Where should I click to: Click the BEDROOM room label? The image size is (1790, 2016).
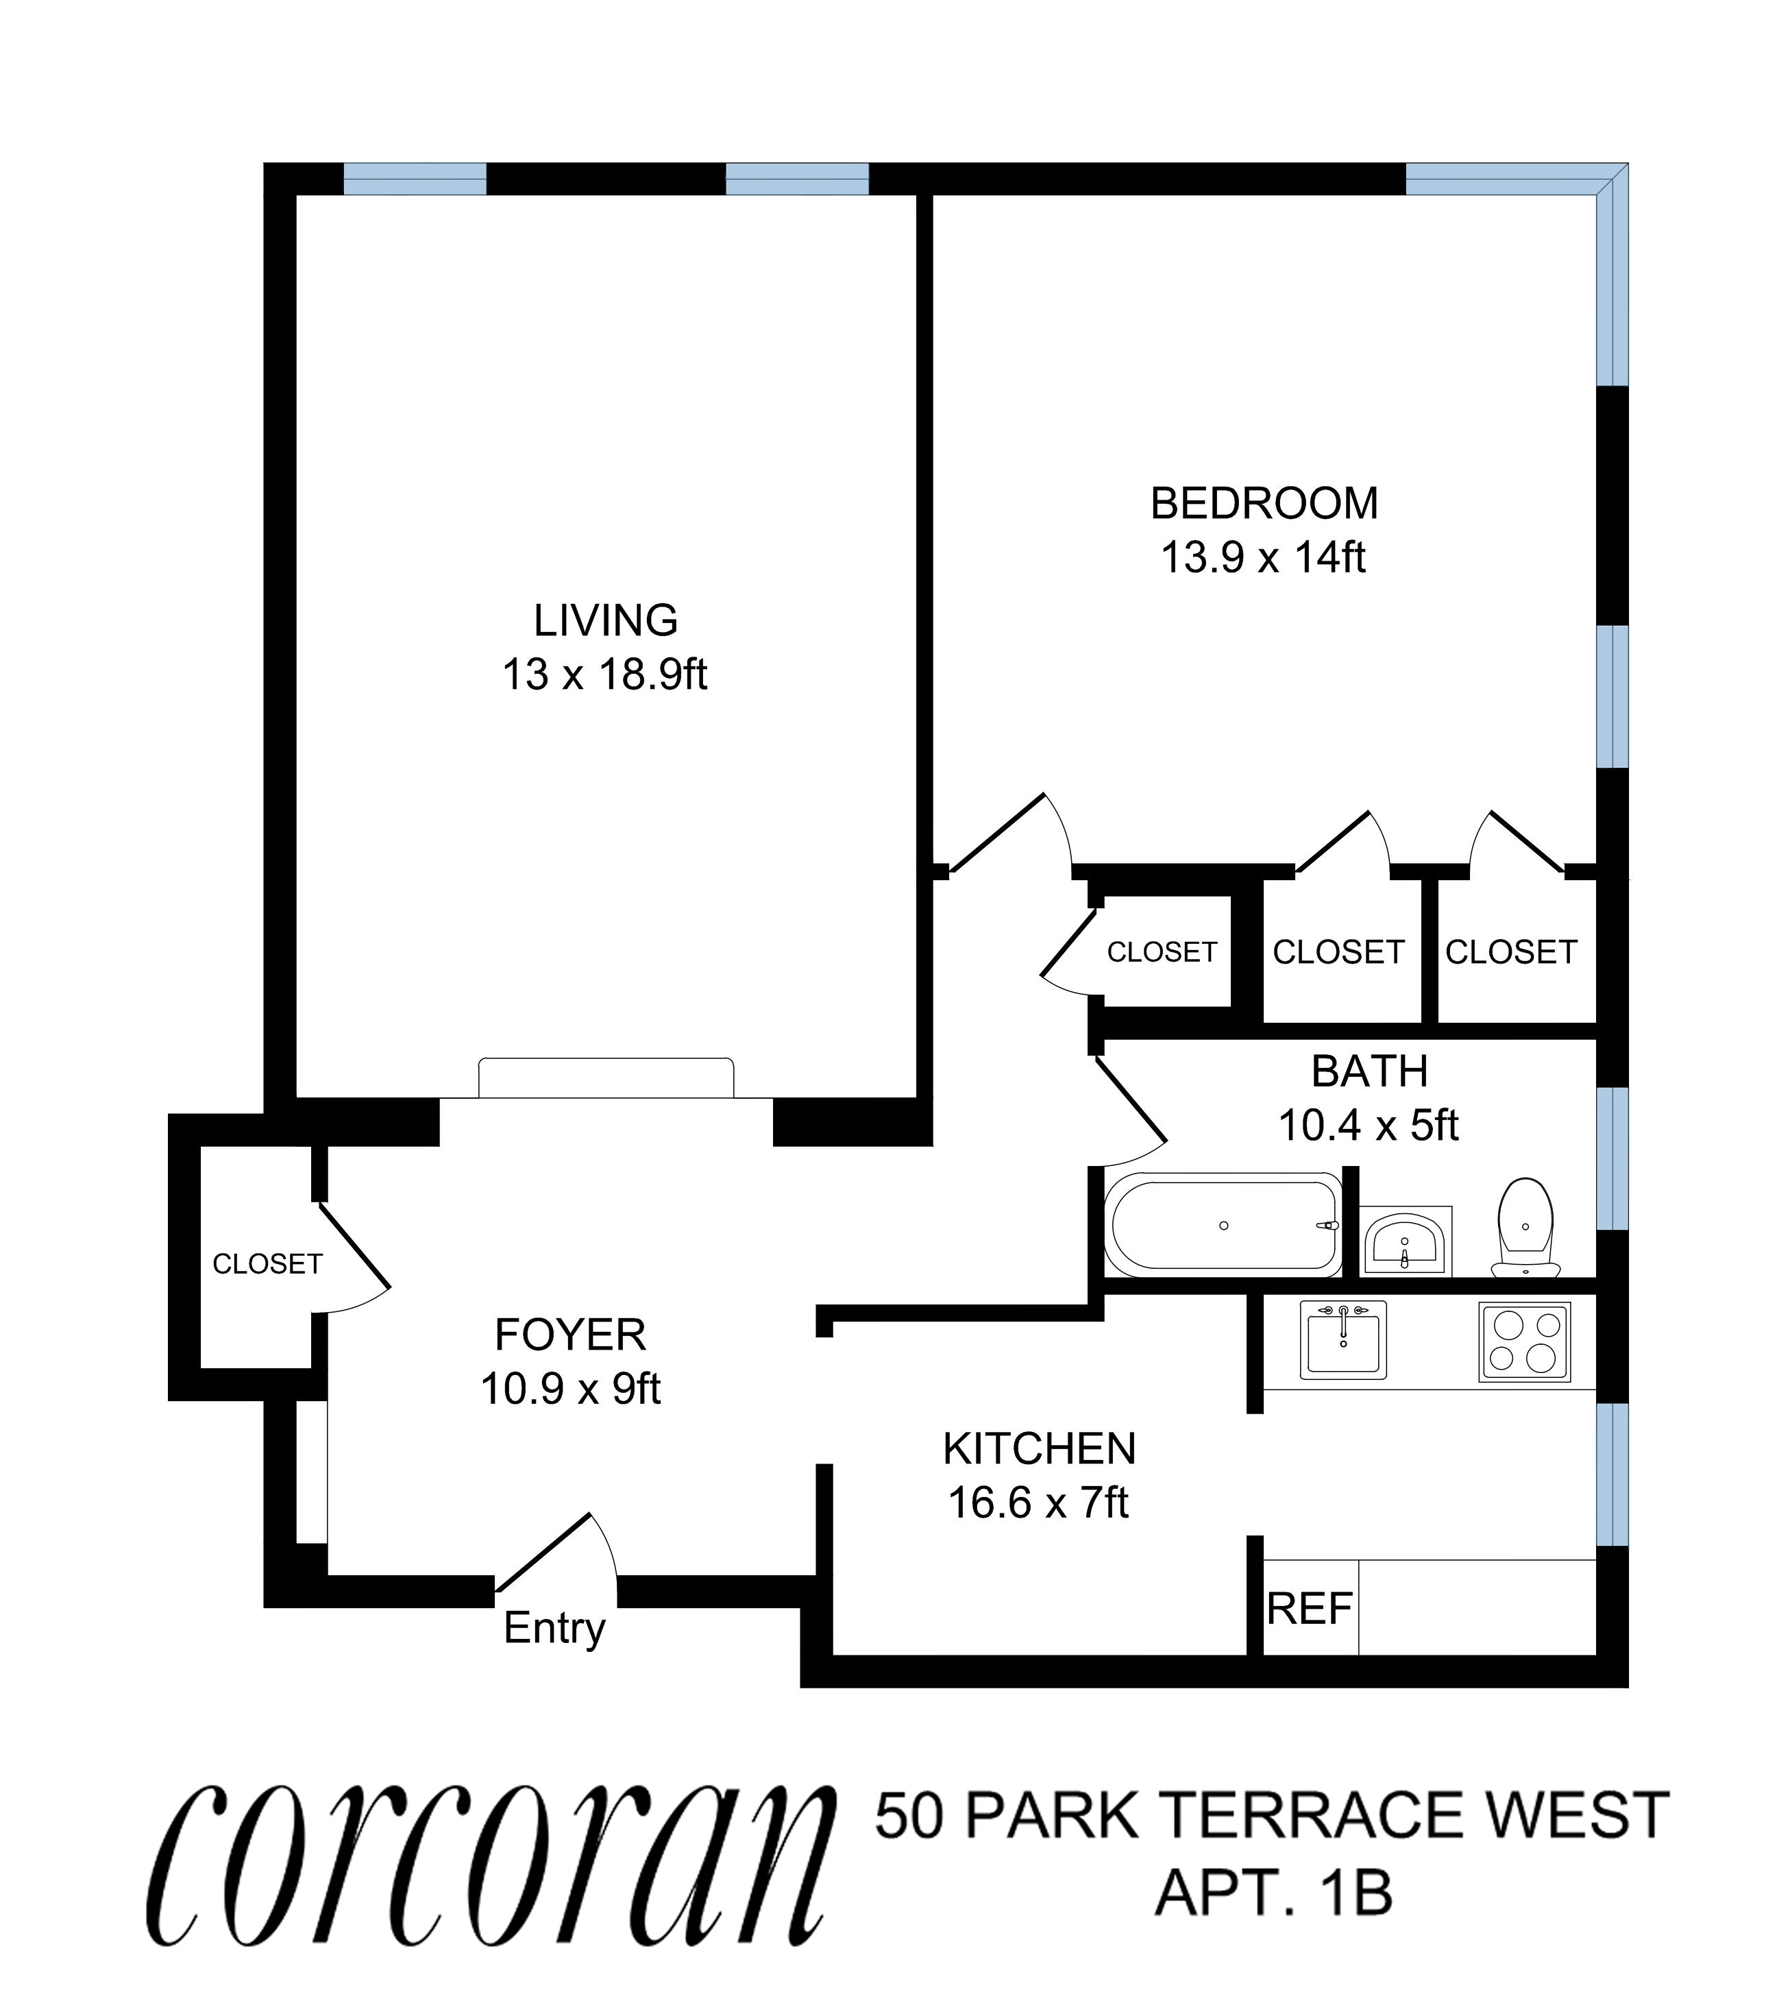(x=1264, y=504)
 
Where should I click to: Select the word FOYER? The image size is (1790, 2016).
(x=570, y=1335)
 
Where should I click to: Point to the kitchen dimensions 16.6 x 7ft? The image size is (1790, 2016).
(x=1038, y=1503)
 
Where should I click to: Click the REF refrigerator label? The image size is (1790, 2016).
(x=1309, y=1609)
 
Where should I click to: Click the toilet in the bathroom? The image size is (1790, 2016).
(x=1525, y=1226)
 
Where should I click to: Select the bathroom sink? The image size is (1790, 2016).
(x=1406, y=1241)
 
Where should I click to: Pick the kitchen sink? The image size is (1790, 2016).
(x=1342, y=1339)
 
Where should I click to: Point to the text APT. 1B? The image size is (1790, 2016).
(x=1273, y=1893)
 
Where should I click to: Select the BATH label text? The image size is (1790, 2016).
(x=1369, y=1071)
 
